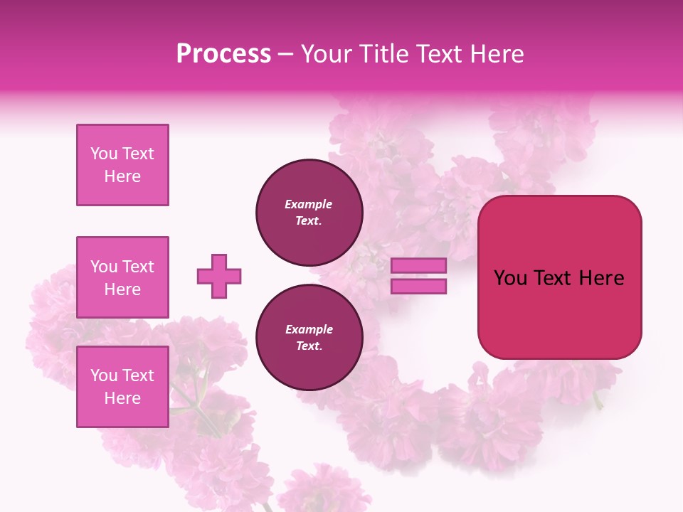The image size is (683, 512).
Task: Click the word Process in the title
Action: (223, 54)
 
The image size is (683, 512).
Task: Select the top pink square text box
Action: (122, 165)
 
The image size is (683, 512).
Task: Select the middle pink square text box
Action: (122, 277)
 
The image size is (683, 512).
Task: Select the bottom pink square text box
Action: (122, 387)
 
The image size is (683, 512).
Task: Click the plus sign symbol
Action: (219, 276)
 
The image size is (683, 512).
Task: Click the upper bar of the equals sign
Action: (419, 265)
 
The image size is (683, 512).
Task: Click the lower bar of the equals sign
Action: (419, 287)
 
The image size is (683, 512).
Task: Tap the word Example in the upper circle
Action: (309, 204)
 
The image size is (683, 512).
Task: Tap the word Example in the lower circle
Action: (309, 329)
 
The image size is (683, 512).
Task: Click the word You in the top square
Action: (104, 154)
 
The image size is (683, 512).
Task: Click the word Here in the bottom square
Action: (122, 398)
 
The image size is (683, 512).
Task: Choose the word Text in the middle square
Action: (138, 267)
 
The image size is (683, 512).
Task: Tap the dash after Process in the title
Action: (286, 55)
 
